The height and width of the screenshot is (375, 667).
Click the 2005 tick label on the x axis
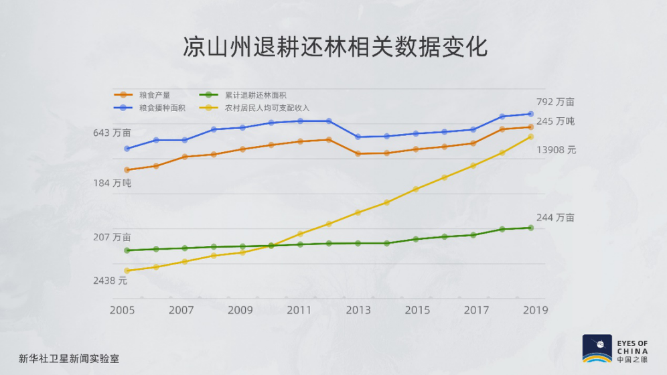(123, 310)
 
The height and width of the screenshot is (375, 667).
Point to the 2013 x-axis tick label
(358, 310)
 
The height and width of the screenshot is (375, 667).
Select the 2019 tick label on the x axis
(535, 310)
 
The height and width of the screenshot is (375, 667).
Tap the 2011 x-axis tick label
(299, 310)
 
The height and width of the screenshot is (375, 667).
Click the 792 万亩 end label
(556, 102)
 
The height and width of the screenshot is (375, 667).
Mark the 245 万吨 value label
(556, 121)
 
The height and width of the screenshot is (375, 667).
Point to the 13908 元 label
(556, 150)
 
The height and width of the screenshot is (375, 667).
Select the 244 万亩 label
(555, 218)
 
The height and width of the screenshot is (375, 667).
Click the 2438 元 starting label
(110, 281)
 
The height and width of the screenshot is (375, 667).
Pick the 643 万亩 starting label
(112, 133)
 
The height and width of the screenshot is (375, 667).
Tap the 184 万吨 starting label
(112, 183)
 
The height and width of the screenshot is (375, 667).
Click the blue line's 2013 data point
(358, 137)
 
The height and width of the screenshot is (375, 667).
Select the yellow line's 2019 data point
(530, 137)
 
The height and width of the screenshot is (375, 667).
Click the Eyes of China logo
(615, 349)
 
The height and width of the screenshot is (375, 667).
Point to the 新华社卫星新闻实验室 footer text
(69, 358)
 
